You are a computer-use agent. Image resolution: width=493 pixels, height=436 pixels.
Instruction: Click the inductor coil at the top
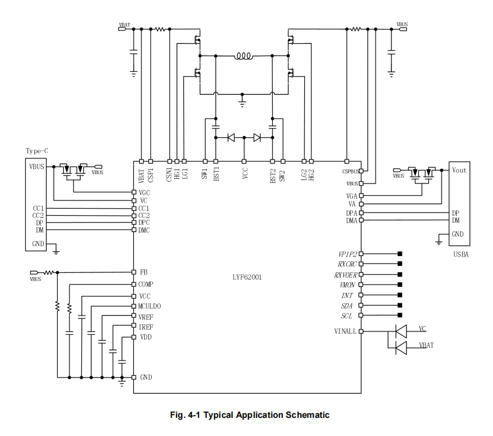(243, 56)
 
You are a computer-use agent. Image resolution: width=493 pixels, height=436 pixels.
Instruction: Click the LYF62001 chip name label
(247, 277)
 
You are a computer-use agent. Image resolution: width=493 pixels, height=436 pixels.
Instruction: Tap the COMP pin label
(146, 285)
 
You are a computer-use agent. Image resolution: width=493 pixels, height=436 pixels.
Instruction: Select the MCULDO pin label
(150, 306)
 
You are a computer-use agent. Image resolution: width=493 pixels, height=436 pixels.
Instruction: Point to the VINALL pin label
(345, 331)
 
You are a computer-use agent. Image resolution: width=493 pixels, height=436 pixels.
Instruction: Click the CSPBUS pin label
(350, 171)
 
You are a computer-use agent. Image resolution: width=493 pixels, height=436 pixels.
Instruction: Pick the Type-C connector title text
(37, 151)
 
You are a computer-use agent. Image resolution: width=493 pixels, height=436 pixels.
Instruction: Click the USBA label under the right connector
(461, 254)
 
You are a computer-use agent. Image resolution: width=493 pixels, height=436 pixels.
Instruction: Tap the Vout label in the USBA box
(459, 170)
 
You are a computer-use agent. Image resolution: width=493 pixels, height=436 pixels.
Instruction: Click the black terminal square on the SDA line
(400, 305)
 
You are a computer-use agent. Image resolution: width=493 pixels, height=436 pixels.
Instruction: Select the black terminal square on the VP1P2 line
(400, 254)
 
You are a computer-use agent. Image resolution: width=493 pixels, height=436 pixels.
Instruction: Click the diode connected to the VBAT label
(401, 348)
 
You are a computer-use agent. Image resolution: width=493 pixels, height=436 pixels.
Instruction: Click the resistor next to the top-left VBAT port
(160, 29)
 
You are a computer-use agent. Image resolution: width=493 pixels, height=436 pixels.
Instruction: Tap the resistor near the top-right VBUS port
(356, 29)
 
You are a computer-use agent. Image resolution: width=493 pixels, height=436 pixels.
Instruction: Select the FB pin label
(144, 272)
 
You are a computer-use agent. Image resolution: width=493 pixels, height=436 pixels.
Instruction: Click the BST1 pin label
(216, 174)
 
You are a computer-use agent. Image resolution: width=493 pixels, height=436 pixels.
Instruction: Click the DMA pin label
(352, 220)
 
